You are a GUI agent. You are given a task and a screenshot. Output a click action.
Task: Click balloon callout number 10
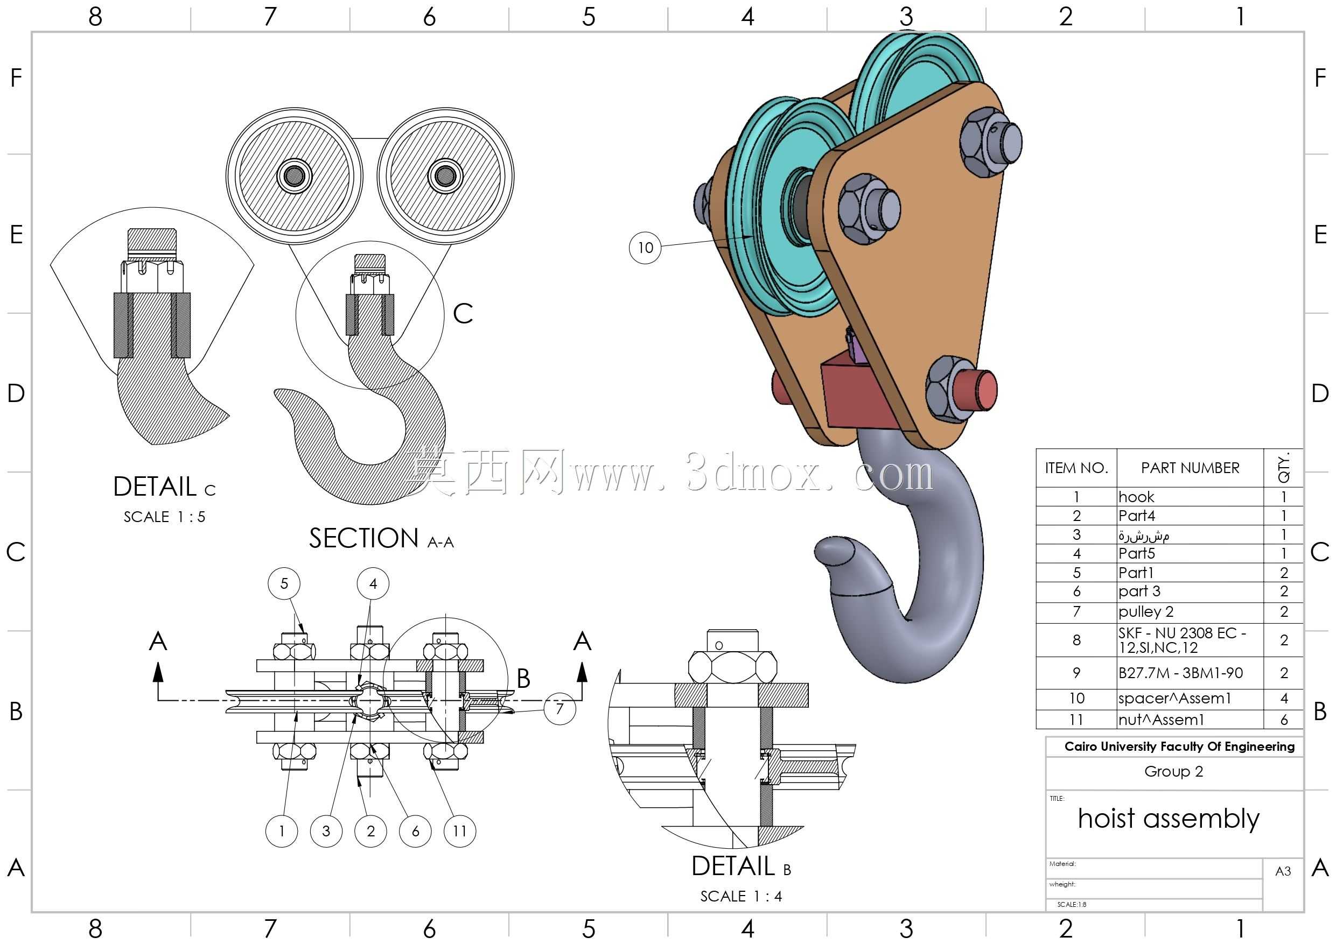pos(645,248)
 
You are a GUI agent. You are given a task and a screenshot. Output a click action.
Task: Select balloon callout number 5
pos(284,583)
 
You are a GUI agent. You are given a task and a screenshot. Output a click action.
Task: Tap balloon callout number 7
pos(559,708)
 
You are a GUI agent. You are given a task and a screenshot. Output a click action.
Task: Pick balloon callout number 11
pos(460,830)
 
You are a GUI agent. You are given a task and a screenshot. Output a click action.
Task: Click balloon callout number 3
pos(326,830)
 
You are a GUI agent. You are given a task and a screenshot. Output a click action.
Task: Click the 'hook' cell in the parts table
pos(1190,497)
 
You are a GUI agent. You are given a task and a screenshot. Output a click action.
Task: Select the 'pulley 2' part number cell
pos(1190,612)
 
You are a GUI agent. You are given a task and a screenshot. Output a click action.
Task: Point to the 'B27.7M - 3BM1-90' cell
pos(1190,673)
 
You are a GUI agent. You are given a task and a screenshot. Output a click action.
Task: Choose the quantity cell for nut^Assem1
pos(1283,720)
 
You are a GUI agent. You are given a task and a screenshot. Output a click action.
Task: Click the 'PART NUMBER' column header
pos(1190,468)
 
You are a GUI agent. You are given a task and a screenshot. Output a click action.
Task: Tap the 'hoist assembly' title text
pos(1169,819)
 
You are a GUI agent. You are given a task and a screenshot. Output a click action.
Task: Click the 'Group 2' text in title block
pos(1174,771)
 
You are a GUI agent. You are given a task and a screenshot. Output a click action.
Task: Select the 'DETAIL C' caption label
pos(165,487)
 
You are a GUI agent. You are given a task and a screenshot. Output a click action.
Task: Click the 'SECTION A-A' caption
pos(381,539)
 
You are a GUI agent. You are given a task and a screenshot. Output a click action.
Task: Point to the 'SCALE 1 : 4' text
pos(741,896)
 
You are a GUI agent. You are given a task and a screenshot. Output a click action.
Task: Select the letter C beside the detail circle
pos(463,314)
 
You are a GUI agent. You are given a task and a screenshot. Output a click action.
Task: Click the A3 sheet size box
pos(1283,871)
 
